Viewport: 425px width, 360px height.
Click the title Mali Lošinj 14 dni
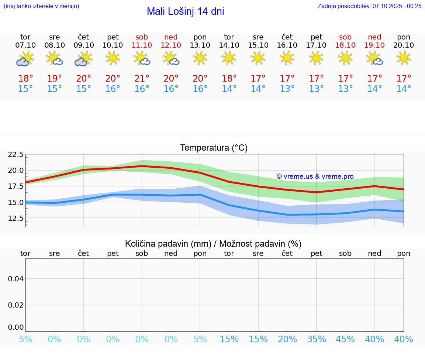pyautogui.click(x=185, y=11)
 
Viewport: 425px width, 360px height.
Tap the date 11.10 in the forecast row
pyautogui.click(x=142, y=45)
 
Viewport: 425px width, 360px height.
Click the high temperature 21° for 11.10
pyautogui.click(x=142, y=78)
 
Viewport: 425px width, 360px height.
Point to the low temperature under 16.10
pyautogui.click(x=287, y=89)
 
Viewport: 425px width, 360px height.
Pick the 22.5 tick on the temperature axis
pyautogui.click(x=16, y=154)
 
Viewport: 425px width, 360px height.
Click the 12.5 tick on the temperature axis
pyautogui.click(x=16, y=218)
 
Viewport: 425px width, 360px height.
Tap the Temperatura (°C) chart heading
pyautogui.click(x=214, y=148)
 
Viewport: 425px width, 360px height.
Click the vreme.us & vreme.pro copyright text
pyautogui.click(x=315, y=176)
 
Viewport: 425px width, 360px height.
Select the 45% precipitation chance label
pyautogui.click(x=345, y=339)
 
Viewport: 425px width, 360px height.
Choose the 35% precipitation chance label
pyautogui.click(x=317, y=339)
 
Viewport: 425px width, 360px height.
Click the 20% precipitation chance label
pyautogui.click(x=287, y=339)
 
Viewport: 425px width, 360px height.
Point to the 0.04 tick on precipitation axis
pyautogui.click(x=16, y=279)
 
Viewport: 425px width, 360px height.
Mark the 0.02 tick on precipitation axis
pyautogui.click(x=16, y=305)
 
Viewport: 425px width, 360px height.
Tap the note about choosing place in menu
pyautogui.click(x=41, y=6)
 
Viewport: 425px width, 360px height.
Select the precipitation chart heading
pyautogui.click(x=213, y=244)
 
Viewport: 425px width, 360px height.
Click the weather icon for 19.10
pyautogui.click(x=375, y=59)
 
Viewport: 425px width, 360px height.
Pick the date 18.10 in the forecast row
pyautogui.click(x=345, y=45)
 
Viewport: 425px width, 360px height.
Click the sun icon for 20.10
pyautogui.click(x=404, y=58)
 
